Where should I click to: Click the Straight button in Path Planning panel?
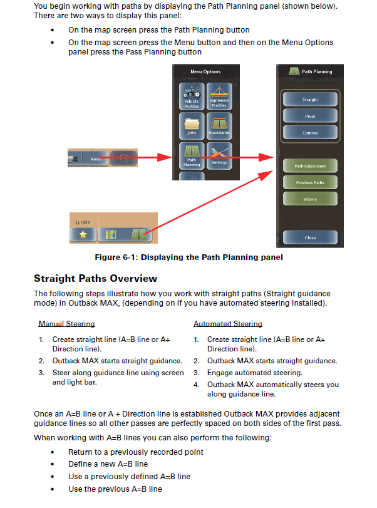[x=310, y=99]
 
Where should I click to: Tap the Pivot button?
[x=310, y=116]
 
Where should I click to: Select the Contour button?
[x=310, y=133]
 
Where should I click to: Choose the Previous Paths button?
[x=310, y=182]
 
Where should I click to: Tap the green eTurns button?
[x=310, y=199]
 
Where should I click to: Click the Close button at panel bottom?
[x=310, y=237]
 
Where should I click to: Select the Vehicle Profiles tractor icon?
[x=192, y=96]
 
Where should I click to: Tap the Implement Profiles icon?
[x=219, y=96]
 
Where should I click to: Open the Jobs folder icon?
[x=192, y=126]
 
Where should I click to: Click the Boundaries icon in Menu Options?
[x=219, y=126]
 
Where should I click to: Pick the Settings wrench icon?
[x=219, y=156]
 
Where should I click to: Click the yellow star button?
[x=83, y=234]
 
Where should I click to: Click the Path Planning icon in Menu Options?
[x=192, y=156]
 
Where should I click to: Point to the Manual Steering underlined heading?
[x=67, y=324]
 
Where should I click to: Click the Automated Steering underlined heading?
[x=228, y=324]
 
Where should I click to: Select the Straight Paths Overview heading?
[x=96, y=278]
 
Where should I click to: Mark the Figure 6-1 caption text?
[x=189, y=257]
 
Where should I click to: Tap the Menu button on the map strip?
[x=95, y=158]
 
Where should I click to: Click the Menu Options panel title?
[x=205, y=71]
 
